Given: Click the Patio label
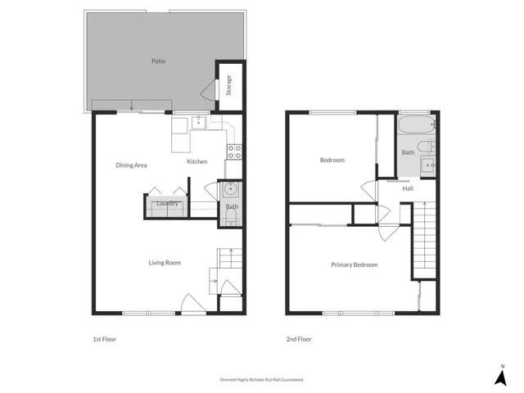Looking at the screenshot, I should click(159, 61).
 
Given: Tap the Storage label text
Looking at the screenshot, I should click(229, 84).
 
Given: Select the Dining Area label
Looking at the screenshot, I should click(131, 165).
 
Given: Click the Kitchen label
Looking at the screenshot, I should click(197, 161).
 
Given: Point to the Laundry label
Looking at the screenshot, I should click(167, 204).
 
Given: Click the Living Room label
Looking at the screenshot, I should click(165, 263).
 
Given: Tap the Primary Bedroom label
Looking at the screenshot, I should click(355, 264).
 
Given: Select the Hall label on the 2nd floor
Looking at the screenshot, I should click(408, 188).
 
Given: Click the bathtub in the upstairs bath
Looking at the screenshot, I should click(417, 127).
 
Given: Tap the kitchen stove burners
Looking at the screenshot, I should click(233, 151).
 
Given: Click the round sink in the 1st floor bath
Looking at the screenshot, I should click(231, 190).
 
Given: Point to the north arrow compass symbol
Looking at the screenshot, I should click(500, 376).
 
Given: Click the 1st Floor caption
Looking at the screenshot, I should click(104, 339).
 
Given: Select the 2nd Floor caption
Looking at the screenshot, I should click(299, 339).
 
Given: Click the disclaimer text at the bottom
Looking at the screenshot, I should click(262, 380).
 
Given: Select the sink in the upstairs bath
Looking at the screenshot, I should click(427, 165).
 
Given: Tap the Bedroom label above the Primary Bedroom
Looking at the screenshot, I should click(332, 160).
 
